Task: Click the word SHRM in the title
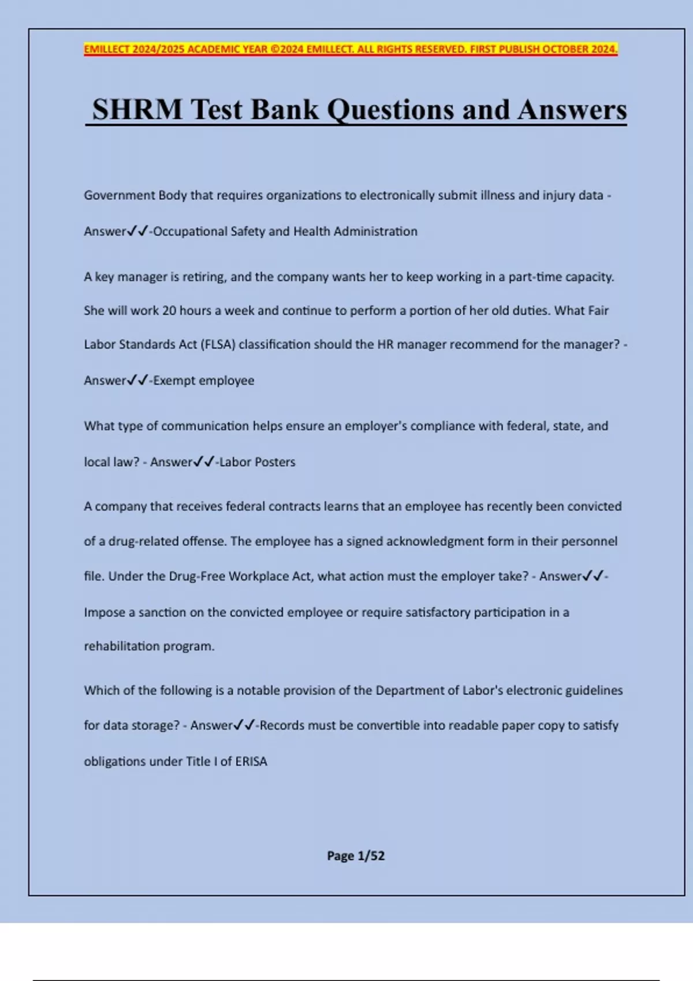click(x=137, y=110)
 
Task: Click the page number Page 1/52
click(x=356, y=856)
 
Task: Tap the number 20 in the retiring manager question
click(x=169, y=310)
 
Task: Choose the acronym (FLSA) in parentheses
click(x=218, y=345)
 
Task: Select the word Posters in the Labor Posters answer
click(x=275, y=462)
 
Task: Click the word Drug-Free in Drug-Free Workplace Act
click(x=197, y=576)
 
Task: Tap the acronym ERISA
click(x=251, y=761)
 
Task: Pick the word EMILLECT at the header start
click(x=107, y=49)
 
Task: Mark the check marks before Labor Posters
click(x=204, y=462)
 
